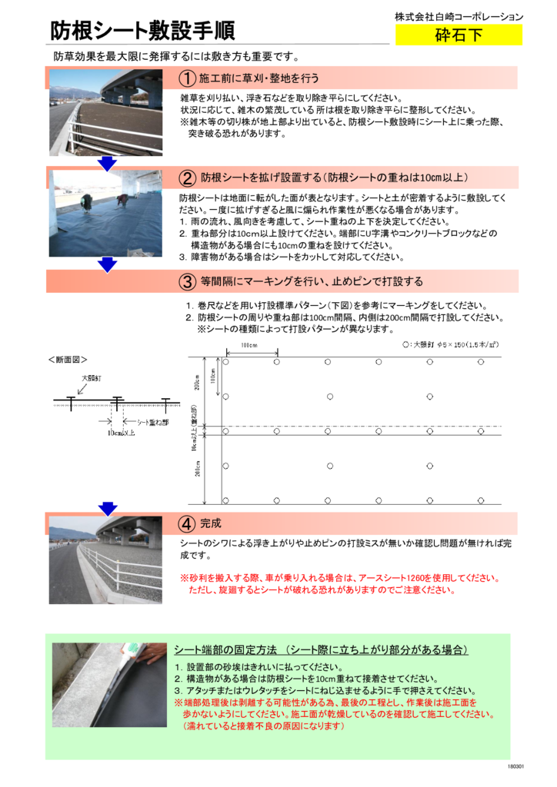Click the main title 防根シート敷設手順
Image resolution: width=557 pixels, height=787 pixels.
point(142,31)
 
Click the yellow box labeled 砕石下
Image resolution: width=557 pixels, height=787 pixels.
point(459,35)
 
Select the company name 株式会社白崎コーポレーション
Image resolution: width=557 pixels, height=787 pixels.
point(459,16)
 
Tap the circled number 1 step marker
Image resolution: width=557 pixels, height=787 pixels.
point(187,79)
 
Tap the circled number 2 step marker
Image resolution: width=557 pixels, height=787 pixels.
point(187,178)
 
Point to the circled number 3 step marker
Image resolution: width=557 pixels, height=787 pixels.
point(187,281)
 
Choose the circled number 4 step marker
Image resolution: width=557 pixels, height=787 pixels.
point(187,523)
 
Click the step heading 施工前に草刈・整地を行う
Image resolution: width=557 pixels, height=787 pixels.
point(258,79)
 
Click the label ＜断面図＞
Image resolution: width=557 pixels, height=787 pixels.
point(68,359)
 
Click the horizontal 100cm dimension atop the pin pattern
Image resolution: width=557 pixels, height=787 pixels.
point(248,345)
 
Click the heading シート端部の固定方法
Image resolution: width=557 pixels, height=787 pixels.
point(322,650)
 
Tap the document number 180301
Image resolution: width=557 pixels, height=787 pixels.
point(515,768)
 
